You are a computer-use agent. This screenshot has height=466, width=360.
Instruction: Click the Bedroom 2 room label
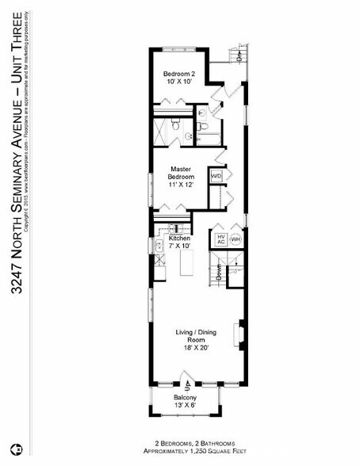point(179,74)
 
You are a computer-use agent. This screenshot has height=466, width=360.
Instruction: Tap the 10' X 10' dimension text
point(179,82)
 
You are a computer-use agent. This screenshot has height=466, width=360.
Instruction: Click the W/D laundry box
point(215,176)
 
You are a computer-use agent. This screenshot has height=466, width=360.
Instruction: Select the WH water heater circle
point(236,239)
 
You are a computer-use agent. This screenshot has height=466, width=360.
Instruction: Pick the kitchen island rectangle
point(188,262)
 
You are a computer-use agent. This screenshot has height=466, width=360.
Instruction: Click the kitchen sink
point(158,246)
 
